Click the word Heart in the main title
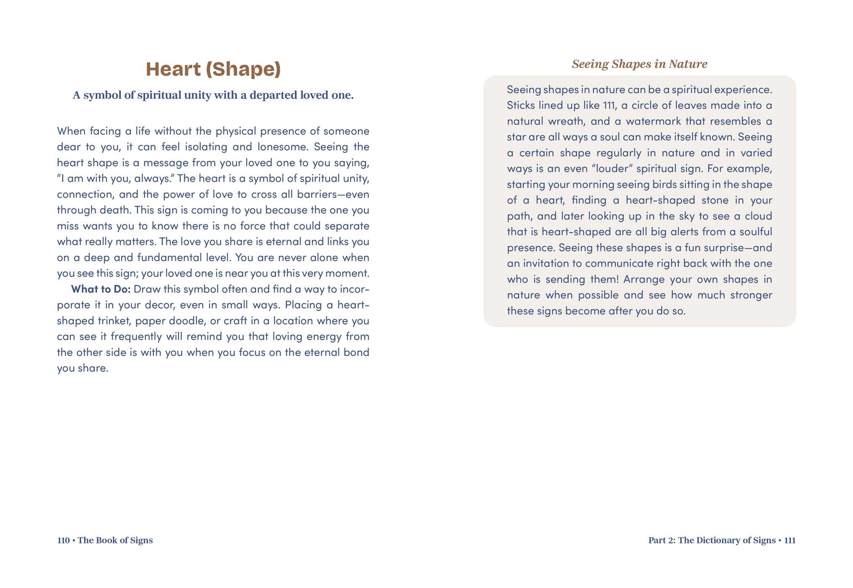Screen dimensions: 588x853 tap(173, 69)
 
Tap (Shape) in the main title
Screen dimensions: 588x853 tap(243, 69)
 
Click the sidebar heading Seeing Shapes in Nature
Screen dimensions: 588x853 tap(639, 64)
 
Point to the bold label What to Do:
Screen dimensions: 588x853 tap(101, 289)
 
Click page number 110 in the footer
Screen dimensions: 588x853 tap(63, 540)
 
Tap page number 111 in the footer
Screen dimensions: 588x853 tap(790, 540)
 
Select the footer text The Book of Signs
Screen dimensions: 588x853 tap(115, 540)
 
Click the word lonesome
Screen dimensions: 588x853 tap(281, 147)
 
